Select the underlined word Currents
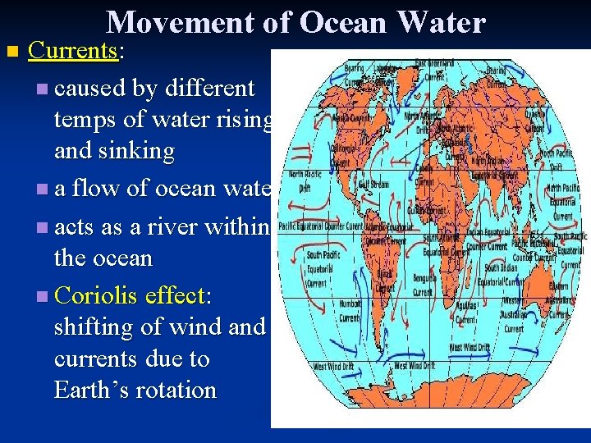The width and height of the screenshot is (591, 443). [x=73, y=51]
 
